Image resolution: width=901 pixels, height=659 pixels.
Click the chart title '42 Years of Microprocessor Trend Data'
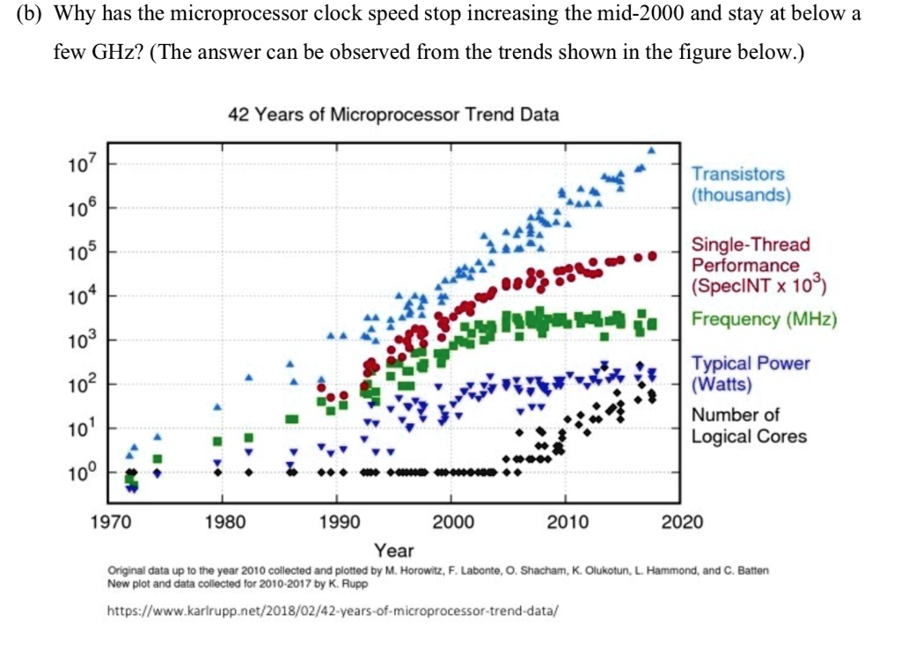pyautogui.click(x=393, y=115)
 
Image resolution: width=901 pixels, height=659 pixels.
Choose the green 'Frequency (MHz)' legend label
pyautogui.click(x=764, y=319)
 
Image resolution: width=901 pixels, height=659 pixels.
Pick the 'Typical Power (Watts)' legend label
pyautogui.click(x=750, y=373)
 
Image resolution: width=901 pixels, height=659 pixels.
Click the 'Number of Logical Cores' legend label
pyautogui.click(x=748, y=425)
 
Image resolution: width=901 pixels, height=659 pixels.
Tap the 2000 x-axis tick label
pyautogui.click(x=452, y=522)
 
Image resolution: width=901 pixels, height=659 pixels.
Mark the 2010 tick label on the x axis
pyautogui.click(x=568, y=522)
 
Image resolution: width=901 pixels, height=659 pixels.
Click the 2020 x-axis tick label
pyautogui.click(x=682, y=522)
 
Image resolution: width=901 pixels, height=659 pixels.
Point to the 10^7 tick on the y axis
pyautogui.click(x=78, y=164)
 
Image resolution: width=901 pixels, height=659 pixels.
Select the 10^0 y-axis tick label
pyautogui.click(x=78, y=472)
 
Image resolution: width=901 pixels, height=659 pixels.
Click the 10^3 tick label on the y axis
pyautogui.click(x=78, y=340)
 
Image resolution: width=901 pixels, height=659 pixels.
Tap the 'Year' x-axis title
pyautogui.click(x=393, y=551)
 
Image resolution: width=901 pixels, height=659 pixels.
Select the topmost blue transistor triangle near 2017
pyautogui.click(x=652, y=150)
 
